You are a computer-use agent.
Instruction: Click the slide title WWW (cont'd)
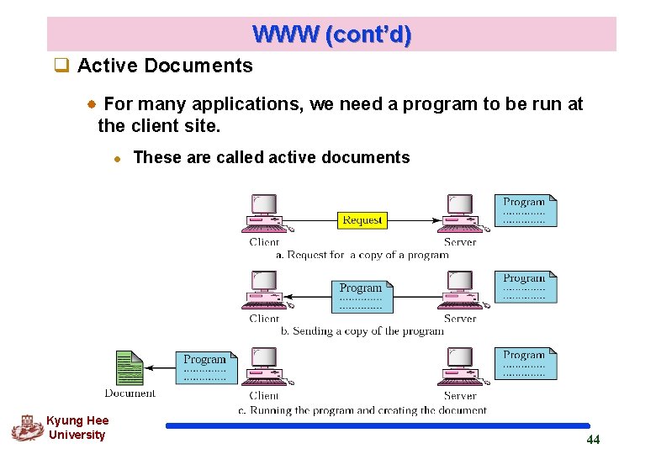pyautogui.click(x=331, y=34)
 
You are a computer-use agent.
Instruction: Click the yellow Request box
pyautogui.click(x=362, y=220)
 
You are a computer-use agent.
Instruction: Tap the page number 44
pyautogui.click(x=593, y=440)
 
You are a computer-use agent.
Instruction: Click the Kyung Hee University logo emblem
pyautogui.click(x=27, y=428)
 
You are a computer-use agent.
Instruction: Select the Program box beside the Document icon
pyautogui.click(x=206, y=367)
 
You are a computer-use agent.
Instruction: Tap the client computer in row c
pyautogui.click(x=264, y=367)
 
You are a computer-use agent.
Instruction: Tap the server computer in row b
pyautogui.click(x=459, y=290)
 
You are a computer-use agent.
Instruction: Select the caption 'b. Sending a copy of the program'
pyautogui.click(x=362, y=331)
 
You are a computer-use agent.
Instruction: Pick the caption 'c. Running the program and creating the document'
pyautogui.click(x=362, y=410)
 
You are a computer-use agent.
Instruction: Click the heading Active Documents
pyautogui.click(x=165, y=66)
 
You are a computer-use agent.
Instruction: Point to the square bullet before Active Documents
pyautogui.click(x=60, y=66)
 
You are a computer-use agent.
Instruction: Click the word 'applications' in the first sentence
pyautogui.click(x=248, y=104)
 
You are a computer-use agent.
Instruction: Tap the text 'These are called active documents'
pyautogui.click(x=272, y=157)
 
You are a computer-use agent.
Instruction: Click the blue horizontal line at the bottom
pyautogui.click(x=378, y=426)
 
